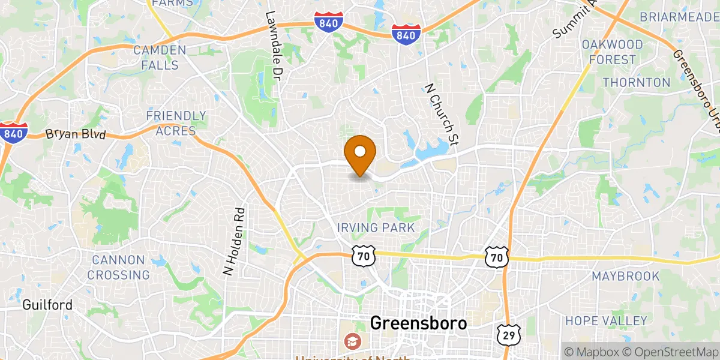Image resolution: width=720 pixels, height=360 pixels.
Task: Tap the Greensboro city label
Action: pyautogui.click(x=418, y=323)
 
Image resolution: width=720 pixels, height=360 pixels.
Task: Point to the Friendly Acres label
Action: pyautogui.click(x=176, y=123)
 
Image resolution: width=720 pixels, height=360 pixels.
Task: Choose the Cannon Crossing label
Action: pyautogui.click(x=118, y=268)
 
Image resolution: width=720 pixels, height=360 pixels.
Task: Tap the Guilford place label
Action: pyautogui.click(x=47, y=305)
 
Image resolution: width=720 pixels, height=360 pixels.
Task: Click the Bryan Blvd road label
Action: pyautogui.click(x=76, y=134)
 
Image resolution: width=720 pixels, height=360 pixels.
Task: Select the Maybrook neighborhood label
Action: pyautogui.click(x=625, y=277)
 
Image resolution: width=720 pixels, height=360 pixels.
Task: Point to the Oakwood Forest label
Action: pyautogui.click(x=612, y=52)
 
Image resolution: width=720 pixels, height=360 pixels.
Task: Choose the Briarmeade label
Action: pyautogui.click(x=679, y=16)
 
